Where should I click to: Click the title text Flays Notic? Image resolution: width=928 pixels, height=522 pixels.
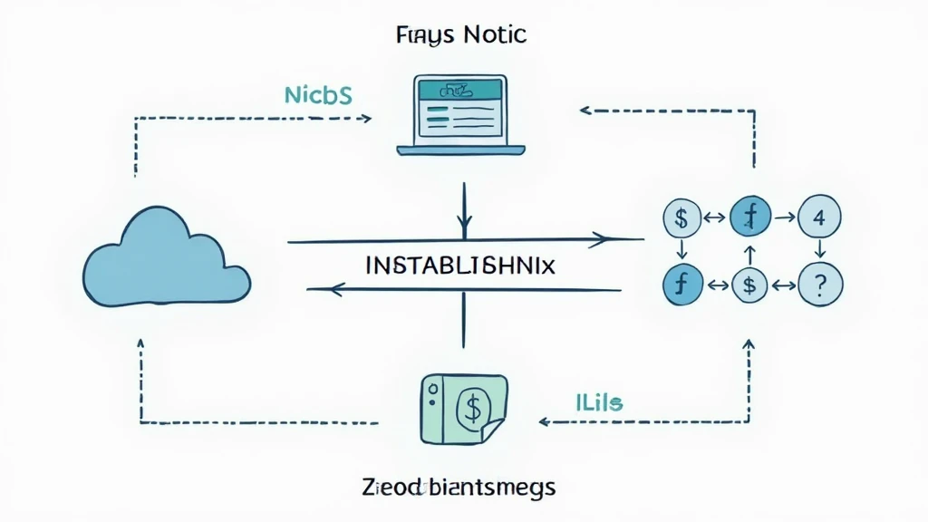coord(461,35)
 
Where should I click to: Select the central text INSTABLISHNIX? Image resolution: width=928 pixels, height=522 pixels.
coord(459,266)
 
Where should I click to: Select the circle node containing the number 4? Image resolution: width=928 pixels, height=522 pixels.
coord(819,217)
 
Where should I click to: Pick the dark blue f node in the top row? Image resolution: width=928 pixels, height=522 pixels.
coord(749,217)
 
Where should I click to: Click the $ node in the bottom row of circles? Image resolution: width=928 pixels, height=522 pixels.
coord(749,285)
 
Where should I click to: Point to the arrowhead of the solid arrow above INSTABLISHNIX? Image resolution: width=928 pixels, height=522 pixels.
coord(599,240)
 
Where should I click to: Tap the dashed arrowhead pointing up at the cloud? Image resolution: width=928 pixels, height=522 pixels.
coord(140,345)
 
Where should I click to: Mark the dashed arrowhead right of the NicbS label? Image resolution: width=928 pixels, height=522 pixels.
coord(365,118)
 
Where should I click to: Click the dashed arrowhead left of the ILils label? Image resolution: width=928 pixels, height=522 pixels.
coord(545,421)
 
